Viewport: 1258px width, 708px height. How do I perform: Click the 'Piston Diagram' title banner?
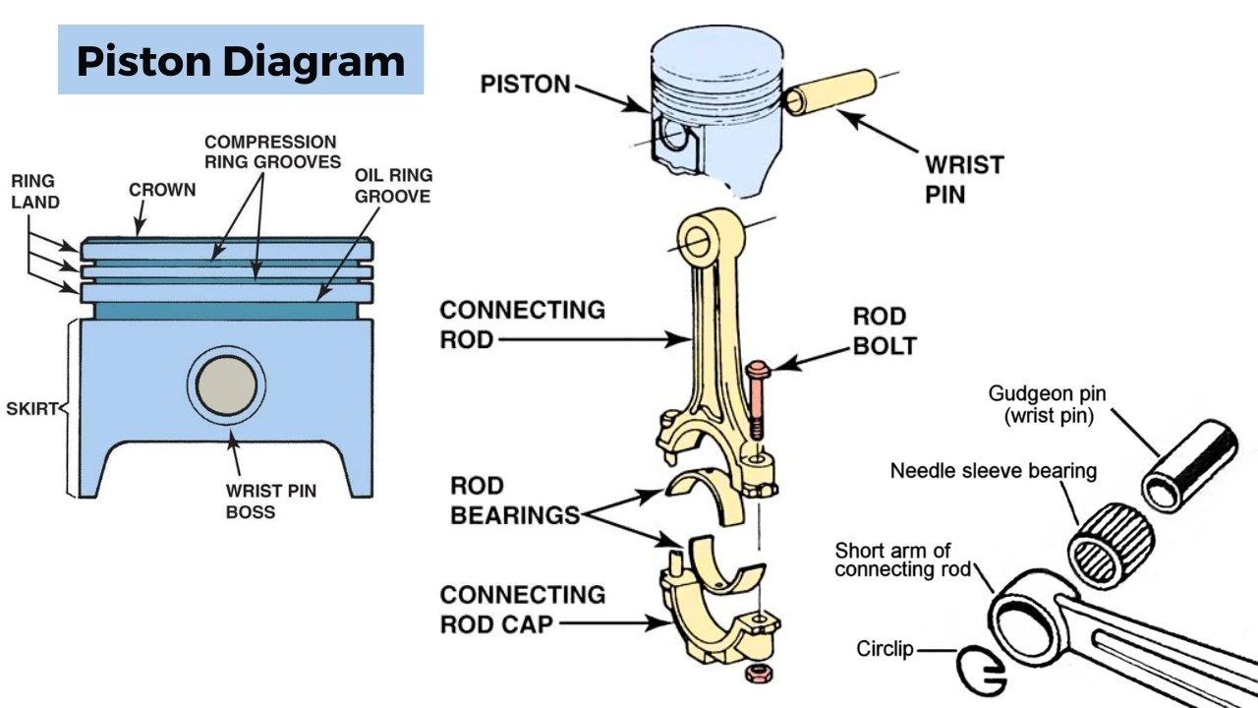tap(241, 61)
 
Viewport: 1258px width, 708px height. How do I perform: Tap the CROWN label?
tap(162, 190)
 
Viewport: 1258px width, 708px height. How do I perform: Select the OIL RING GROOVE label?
tap(393, 186)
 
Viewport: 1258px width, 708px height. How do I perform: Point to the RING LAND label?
tap(34, 192)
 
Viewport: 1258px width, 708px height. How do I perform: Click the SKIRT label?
tap(31, 409)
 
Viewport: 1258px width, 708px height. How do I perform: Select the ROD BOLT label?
tap(884, 331)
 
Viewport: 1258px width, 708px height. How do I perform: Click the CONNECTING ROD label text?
tap(522, 324)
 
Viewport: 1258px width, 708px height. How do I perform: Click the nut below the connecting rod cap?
tap(757, 674)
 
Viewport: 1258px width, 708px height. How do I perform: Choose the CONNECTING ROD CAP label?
tap(522, 609)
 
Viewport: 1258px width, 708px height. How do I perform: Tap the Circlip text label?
tap(885, 649)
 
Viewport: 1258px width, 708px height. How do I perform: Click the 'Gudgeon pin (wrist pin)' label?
tap(1047, 404)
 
